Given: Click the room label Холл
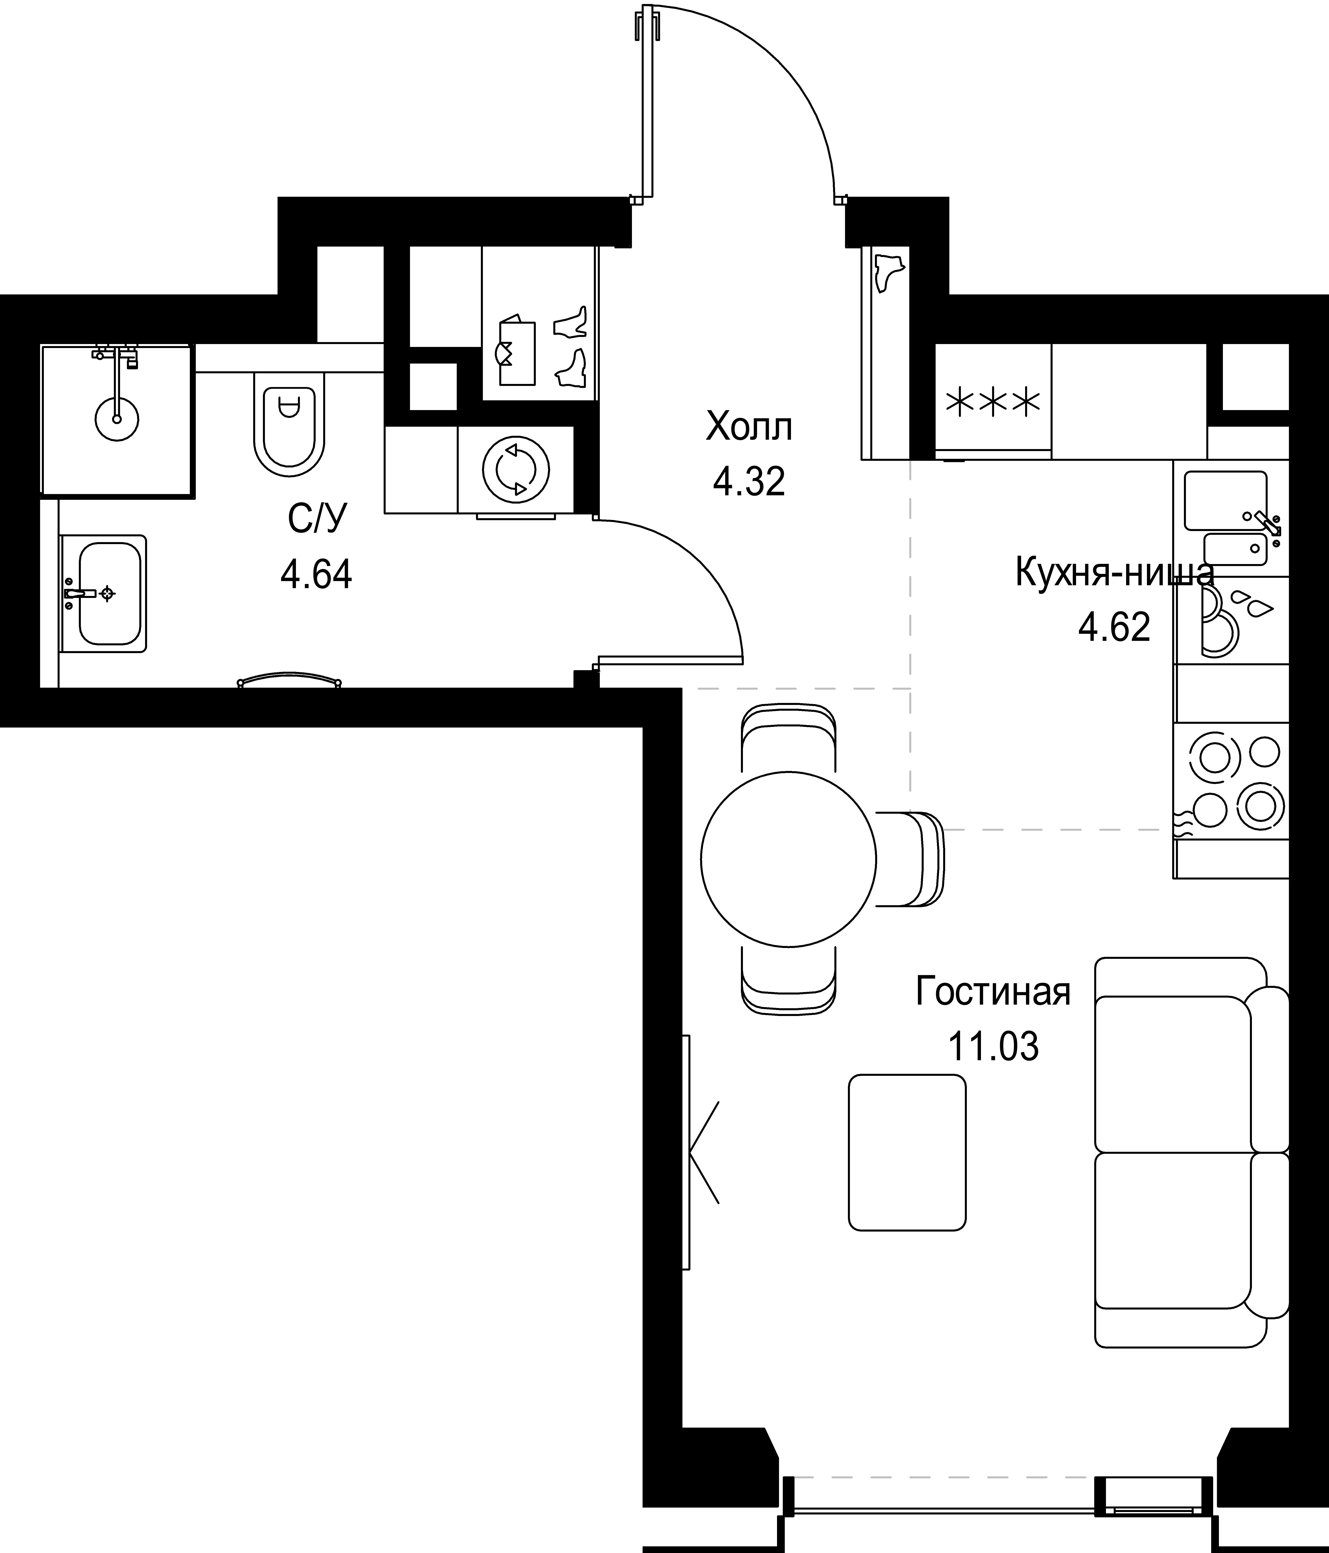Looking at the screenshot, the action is click(749, 428).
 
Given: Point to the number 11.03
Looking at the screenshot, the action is click(994, 1046).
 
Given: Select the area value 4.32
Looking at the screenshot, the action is click(749, 482).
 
